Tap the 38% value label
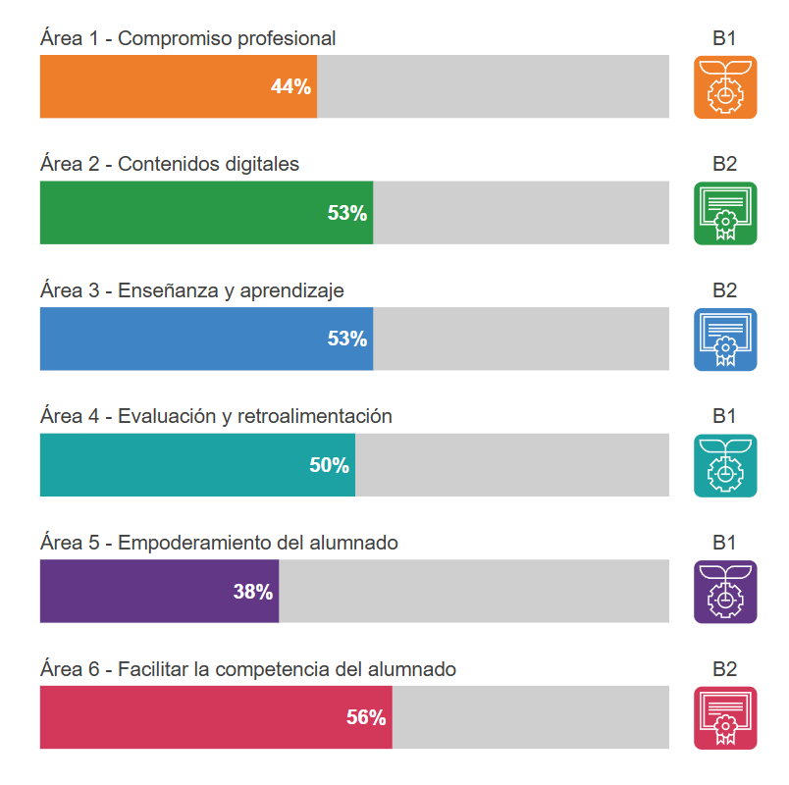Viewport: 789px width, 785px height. [x=253, y=592]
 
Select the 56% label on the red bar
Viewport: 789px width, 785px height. [x=366, y=717]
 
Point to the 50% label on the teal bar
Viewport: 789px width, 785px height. [x=330, y=465]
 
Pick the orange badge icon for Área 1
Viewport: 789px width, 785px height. [x=725, y=87]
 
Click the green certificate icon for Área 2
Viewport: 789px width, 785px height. [x=725, y=213]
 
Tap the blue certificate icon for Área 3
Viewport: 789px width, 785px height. [x=725, y=340]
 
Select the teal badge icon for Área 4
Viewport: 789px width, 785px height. [x=725, y=465]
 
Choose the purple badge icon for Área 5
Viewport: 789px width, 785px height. [x=725, y=592]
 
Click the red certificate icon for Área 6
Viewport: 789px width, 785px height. [x=725, y=717]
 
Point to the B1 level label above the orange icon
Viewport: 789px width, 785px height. [x=724, y=38]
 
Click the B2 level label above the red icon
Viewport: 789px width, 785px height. [x=724, y=669]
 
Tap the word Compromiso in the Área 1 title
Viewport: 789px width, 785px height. [x=167, y=39]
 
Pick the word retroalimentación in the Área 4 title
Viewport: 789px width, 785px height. [x=315, y=416]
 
